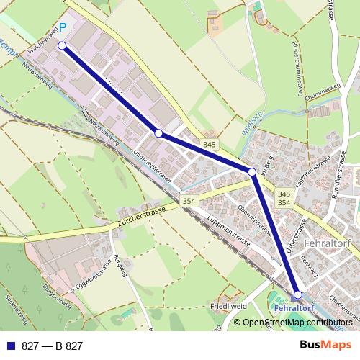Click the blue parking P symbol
[x=62, y=28]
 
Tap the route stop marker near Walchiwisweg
[x=62, y=45]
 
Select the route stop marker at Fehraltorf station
[x=298, y=294]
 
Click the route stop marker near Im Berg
[x=252, y=172]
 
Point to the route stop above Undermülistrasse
[x=158, y=133]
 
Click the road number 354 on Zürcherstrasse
[x=189, y=201]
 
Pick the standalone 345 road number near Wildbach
[x=209, y=145]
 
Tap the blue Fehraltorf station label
[x=295, y=308]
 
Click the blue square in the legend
[x=12, y=346]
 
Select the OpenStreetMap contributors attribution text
[x=297, y=323]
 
